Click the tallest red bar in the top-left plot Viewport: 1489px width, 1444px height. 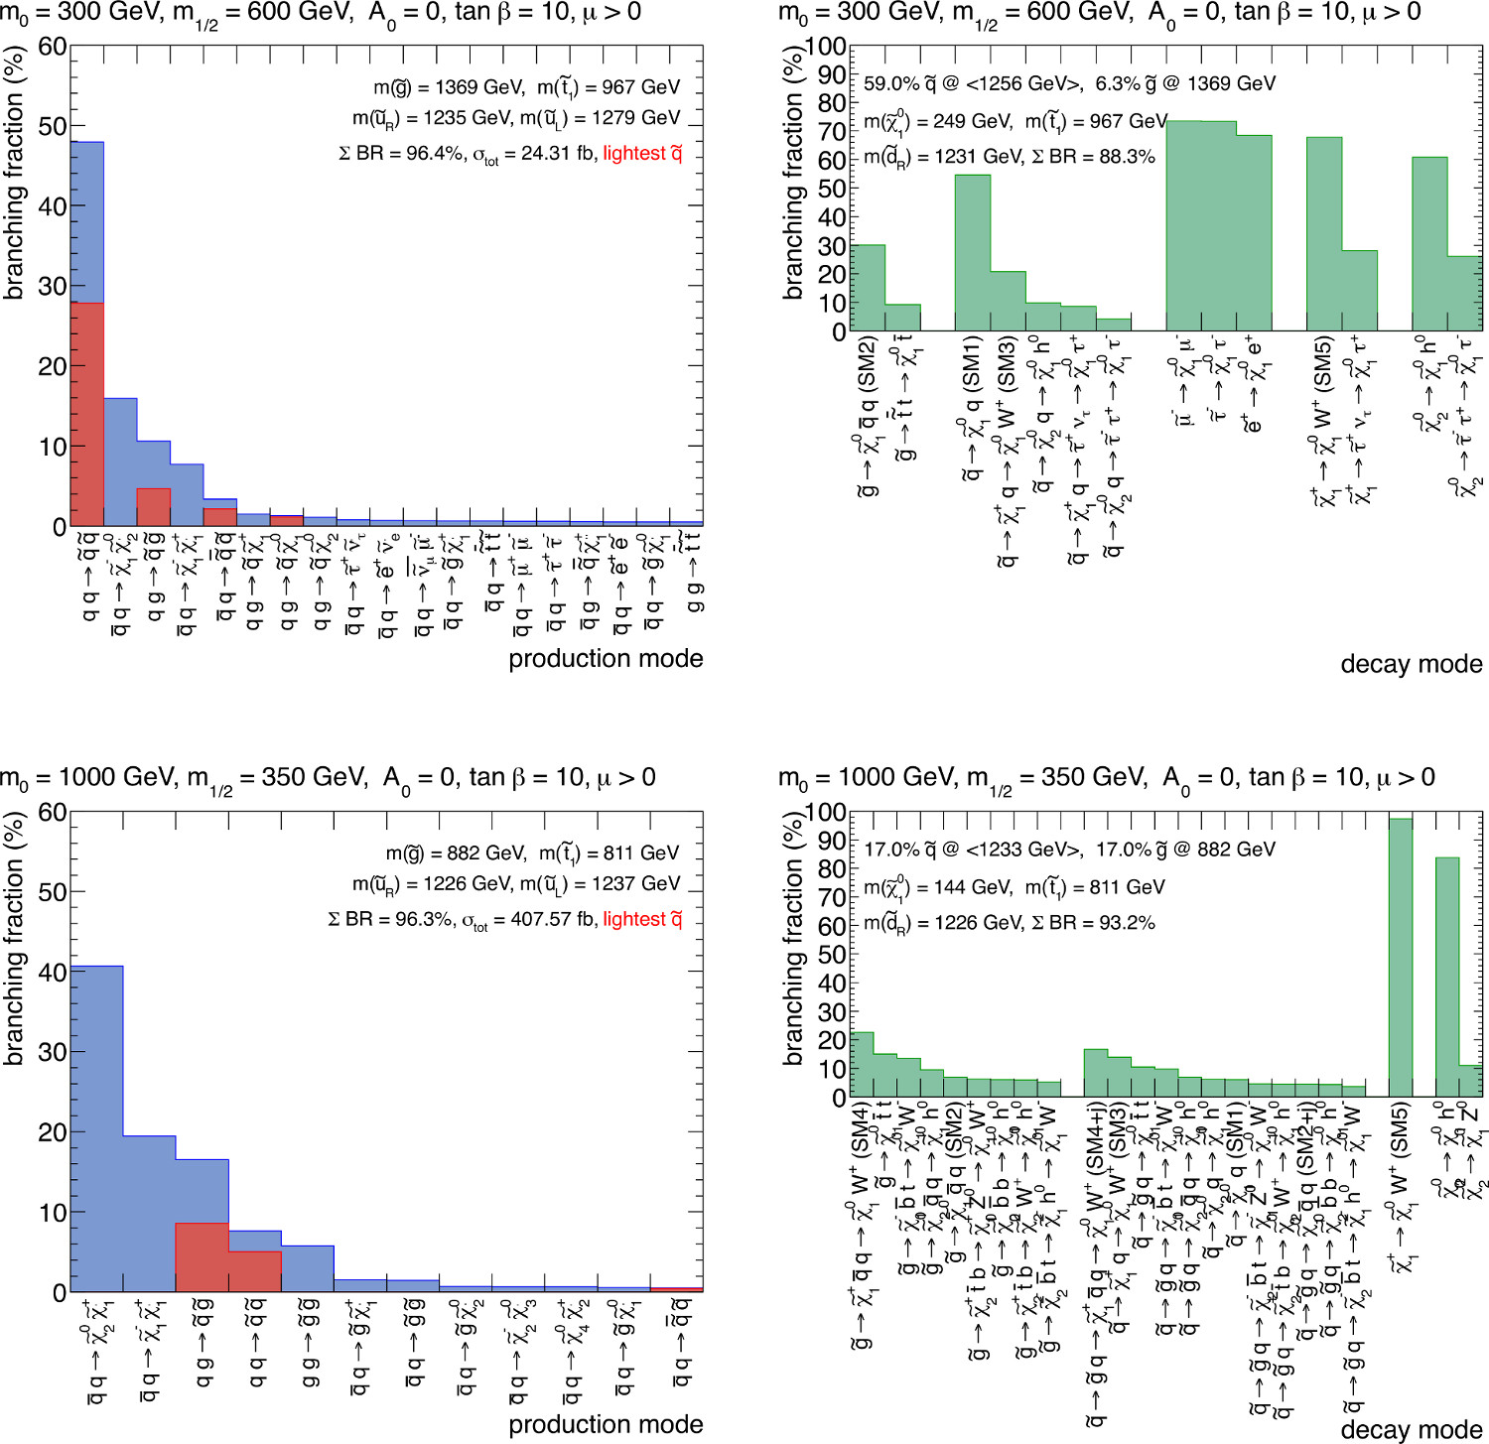[x=87, y=414]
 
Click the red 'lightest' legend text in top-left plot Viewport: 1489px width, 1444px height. [x=642, y=153]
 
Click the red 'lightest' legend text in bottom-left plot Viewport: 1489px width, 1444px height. [x=642, y=919]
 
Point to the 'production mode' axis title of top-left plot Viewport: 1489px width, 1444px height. [x=606, y=659]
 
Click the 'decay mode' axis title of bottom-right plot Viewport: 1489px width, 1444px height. [x=1411, y=1430]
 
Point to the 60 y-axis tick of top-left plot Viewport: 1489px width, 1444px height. [x=53, y=48]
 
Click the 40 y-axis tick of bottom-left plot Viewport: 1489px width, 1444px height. [x=53, y=973]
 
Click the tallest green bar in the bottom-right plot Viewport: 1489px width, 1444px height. [x=1400, y=958]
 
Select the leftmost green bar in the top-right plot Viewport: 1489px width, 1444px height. [x=869, y=288]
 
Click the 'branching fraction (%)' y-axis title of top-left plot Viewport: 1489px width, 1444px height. [x=14, y=174]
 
